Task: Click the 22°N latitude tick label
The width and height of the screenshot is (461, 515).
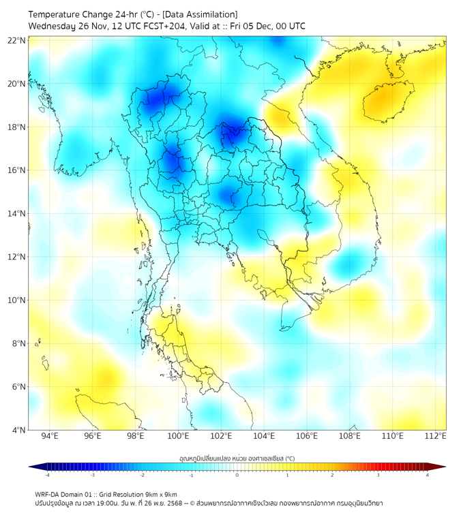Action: click(17, 40)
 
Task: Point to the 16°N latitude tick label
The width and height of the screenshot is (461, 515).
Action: click(17, 170)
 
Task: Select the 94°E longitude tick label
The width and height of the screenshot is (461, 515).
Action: click(50, 436)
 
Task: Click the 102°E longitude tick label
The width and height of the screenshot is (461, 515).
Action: click(221, 436)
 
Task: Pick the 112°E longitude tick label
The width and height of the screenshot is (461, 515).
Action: click(435, 436)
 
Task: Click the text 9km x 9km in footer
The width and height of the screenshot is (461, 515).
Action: click(162, 494)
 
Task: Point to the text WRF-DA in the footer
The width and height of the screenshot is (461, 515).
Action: click(47, 494)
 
